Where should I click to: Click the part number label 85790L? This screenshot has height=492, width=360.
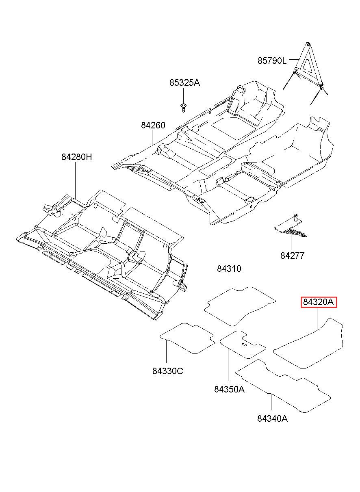(272, 61)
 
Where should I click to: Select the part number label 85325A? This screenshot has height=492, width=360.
(184, 83)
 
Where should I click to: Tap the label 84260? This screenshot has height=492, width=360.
(153, 126)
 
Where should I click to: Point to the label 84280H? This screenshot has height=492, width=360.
(76, 157)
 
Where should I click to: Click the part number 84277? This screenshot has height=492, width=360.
(292, 256)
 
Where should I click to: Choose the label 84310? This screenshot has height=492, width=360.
(229, 269)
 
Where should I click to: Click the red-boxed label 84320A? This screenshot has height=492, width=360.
(319, 302)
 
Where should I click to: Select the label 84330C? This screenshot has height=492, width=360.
(168, 371)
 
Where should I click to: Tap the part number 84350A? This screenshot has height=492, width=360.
(229, 389)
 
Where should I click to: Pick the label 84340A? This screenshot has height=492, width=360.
(272, 418)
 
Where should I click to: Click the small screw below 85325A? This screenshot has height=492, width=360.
(184, 107)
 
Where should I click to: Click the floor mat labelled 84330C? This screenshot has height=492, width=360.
(187, 337)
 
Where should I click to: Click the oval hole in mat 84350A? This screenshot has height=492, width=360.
(244, 345)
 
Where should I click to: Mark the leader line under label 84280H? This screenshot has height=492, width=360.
(76, 179)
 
